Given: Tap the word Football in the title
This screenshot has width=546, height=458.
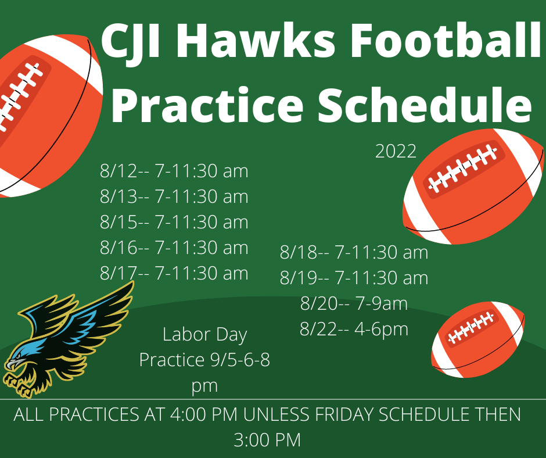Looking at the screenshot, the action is click(446, 40).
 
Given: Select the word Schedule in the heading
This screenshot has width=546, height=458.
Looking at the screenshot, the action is click(424, 105).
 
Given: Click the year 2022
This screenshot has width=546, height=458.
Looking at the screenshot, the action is click(396, 151).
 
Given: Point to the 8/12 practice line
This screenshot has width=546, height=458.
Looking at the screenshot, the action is click(174, 171).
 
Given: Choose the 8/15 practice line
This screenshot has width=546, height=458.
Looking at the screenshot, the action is click(174, 222).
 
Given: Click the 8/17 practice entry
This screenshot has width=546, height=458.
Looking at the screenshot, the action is click(174, 273).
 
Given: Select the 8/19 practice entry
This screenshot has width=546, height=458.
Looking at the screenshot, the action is click(354, 278).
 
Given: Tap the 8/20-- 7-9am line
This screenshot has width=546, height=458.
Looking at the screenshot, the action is click(354, 303).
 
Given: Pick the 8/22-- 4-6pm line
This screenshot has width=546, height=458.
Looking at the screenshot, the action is click(354, 329).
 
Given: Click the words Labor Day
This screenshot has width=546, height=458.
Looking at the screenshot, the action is click(204, 335).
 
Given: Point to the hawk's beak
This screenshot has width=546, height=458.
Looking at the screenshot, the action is click(14, 363).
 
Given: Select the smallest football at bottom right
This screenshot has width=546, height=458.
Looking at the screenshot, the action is click(477, 339).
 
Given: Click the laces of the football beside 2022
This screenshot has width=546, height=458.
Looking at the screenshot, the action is click(462, 169).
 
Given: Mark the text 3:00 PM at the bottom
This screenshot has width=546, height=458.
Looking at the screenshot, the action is click(267, 440).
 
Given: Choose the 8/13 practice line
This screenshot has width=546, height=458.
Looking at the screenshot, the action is click(174, 196).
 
